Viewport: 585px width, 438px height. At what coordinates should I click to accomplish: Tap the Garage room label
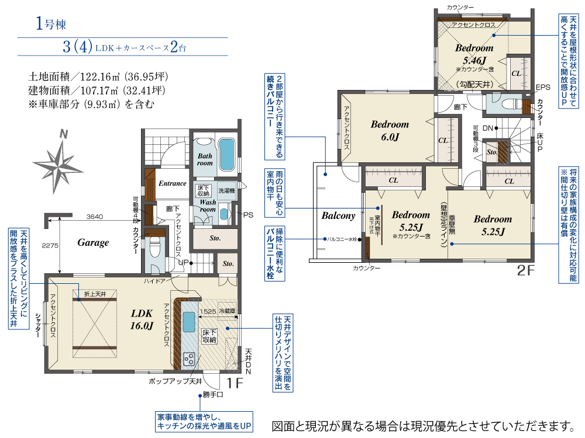pyautogui.click(x=93, y=242)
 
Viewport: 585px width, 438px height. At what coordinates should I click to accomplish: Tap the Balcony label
pyautogui.click(x=338, y=215)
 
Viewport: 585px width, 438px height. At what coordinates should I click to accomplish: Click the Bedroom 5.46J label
pyautogui.click(x=474, y=54)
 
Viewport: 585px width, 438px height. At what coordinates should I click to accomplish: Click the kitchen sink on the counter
pyautogui.click(x=190, y=321)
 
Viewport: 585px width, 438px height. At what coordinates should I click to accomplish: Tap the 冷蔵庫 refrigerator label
pyautogui.click(x=227, y=312)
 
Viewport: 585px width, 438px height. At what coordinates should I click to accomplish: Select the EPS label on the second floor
pyautogui.click(x=543, y=88)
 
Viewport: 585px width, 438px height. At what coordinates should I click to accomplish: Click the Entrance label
pyautogui.click(x=172, y=183)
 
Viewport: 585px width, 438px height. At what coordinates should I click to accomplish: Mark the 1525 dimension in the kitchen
pyautogui.click(x=208, y=312)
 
